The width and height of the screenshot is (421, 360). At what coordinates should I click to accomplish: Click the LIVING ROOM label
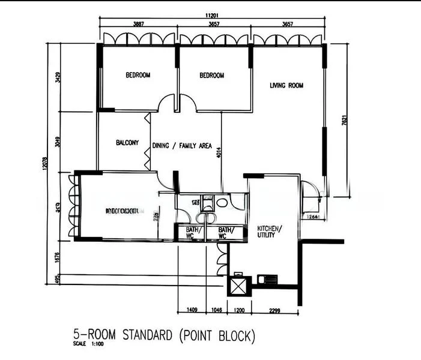[x=286, y=86]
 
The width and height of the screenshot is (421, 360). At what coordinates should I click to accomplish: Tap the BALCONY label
[x=127, y=143]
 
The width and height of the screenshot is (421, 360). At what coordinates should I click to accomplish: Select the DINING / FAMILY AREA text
[x=182, y=145]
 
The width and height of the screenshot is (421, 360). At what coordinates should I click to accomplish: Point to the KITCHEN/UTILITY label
[x=268, y=232]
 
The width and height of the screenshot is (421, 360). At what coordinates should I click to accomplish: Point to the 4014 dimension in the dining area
[x=219, y=154]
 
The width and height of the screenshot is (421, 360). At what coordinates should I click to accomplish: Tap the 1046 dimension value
[x=217, y=310]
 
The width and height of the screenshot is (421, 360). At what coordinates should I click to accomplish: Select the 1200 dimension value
[x=238, y=310]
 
